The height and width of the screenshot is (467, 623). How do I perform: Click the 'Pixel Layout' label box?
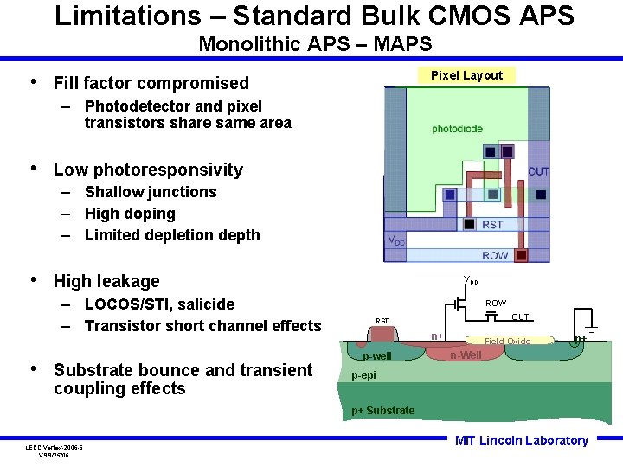pyautogui.click(x=466, y=75)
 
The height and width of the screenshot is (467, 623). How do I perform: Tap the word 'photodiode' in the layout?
pyautogui.click(x=458, y=129)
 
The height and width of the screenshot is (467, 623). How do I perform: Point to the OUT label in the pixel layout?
pyautogui.click(x=538, y=171)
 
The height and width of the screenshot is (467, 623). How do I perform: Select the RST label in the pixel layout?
pyautogui.click(x=492, y=225)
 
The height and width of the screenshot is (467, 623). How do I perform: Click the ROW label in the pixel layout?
pyautogui.click(x=495, y=255)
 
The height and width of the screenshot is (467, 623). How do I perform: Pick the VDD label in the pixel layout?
pyautogui.click(x=395, y=240)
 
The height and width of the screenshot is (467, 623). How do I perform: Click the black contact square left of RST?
pyautogui.click(x=469, y=225)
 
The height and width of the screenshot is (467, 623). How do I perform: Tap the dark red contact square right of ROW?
pyautogui.click(x=521, y=255)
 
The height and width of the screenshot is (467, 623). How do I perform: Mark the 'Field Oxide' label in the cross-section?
pyautogui.click(x=507, y=342)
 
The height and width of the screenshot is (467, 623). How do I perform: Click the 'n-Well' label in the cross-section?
pyautogui.click(x=465, y=355)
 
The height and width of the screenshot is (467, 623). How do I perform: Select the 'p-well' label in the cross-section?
pyautogui.click(x=376, y=356)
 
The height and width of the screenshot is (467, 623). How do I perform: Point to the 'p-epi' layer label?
pyautogui.click(x=364, y=375)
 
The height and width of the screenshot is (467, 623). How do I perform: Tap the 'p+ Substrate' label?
pyautogui.click(x=382, y=410)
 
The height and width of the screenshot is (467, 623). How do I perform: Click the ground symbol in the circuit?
pyautogui.click(x=593, y=329)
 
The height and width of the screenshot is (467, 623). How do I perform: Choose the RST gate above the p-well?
pyautogui.click(x=382, y=331)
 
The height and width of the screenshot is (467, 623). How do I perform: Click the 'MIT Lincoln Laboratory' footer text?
pyautogui.click(x=521, y=440)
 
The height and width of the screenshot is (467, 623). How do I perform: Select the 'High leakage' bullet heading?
pyautogui.click(x=106, y=281)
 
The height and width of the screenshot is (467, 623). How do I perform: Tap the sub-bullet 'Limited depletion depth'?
pyautogui.click(x=172, y=235)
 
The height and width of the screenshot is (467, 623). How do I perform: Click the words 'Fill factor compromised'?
pyautogui.click(x=151, y=83)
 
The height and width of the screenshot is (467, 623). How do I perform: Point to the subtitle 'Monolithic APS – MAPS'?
pyautogui.click(x=315, y=43)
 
